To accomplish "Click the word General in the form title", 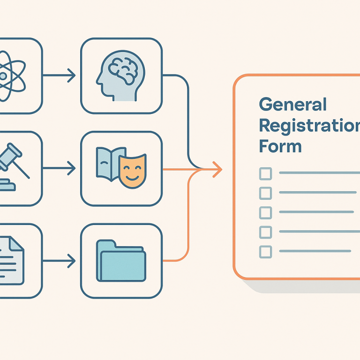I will coord(292,105).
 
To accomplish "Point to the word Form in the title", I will coord(280,146).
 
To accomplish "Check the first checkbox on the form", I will coord(265,173).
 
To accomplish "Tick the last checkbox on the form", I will coord(265,251).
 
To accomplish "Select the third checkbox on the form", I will coord(265,212).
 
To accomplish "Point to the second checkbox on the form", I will coord(265,193).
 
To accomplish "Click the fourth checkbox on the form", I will coord(265,232).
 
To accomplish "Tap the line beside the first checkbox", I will coord(319,173).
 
